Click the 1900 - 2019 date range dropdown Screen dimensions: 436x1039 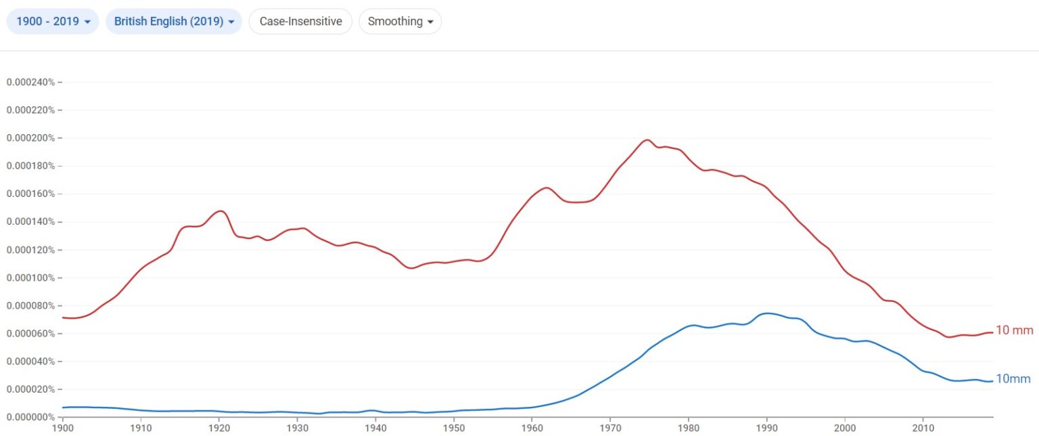(x=53, y=21)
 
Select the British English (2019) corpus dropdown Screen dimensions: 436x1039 (x=174, y=21)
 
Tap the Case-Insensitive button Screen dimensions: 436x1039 (x=300, y=21)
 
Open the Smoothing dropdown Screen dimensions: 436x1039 (x=400, y=21)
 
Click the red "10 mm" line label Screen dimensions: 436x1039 (x=1015, y=330)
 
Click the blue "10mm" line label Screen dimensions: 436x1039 (x=1013, y=379)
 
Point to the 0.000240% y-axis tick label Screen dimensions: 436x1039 (x=30, y=82)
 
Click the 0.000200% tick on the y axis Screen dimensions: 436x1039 (x=30, y=138)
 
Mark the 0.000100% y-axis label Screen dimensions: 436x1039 (x=30, y=278)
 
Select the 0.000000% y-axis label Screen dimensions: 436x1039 (x=30, y=417)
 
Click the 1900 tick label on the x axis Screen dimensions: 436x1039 (x=63, y=428)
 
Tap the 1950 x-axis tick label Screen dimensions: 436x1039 (x=454, y=428)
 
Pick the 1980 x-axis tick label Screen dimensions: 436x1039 (x=689, y=428)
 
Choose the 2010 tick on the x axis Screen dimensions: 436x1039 (x=923, y=428)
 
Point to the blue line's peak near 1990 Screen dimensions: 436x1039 (x=766, y=313)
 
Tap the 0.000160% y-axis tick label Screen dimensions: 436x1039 (x=30, y=194)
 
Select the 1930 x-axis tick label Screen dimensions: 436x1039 (x=298, y=428)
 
